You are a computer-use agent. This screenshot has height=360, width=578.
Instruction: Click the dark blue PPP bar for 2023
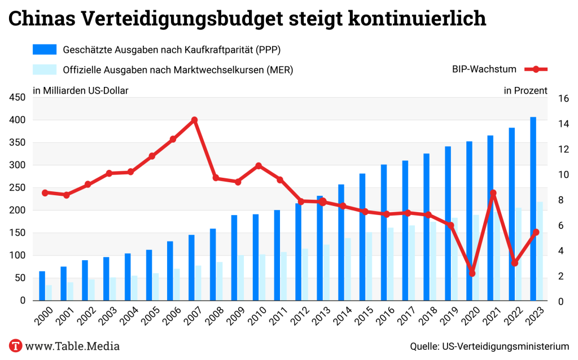coord(533,209)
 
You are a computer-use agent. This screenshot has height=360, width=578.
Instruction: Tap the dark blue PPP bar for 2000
coord(42,286)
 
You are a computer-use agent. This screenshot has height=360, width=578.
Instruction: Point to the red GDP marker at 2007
coord(194,120)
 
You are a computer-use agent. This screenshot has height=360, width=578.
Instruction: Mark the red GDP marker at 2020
coord(472,273)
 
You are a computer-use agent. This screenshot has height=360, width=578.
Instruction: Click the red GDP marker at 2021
coord(493,193)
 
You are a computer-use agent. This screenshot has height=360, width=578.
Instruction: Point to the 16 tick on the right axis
coord(562,98)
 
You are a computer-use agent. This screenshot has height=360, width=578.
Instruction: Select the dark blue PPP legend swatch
coord(45,50)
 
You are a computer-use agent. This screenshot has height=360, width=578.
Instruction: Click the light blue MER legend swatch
coord(45,69)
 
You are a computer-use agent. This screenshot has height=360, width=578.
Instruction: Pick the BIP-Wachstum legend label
coord(484,69)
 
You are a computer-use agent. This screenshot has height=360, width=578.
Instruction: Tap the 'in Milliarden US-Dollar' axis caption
coord(80,90)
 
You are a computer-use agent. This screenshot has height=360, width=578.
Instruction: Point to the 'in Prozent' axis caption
coord(525,90)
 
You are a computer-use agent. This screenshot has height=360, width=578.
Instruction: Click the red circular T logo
coord(16,345)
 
